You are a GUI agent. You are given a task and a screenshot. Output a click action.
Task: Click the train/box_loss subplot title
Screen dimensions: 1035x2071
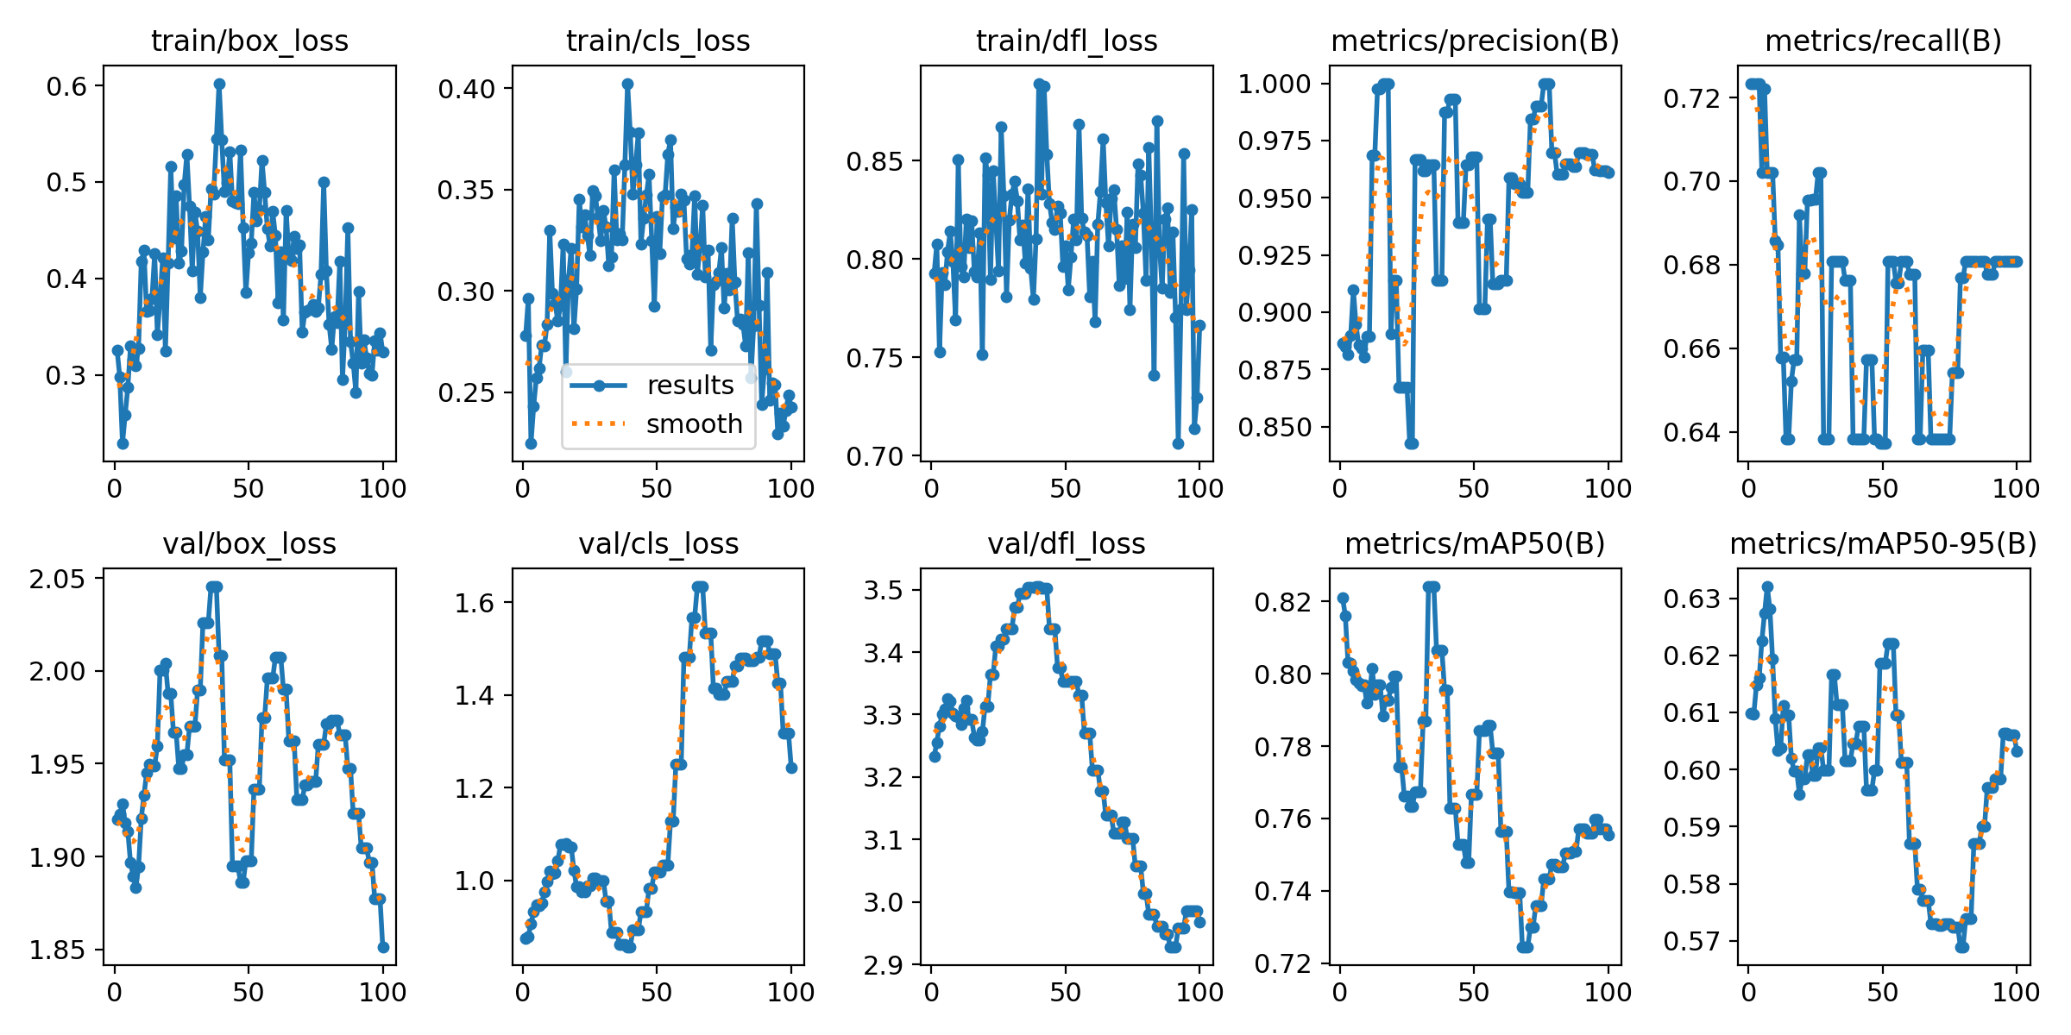pyautogui.click(x=249, y=41)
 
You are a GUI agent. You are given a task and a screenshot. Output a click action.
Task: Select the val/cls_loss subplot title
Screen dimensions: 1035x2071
pyautogui.click(x=658, y=544)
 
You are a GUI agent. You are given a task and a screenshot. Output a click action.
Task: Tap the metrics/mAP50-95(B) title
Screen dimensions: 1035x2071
pyautogui.click(x=1884, y=544)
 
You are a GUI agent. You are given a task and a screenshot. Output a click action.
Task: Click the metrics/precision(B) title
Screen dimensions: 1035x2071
pyautogui.click(x=1475, y=41)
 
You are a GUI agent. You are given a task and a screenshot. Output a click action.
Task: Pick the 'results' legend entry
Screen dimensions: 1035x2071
pyautogui.click(x=690, y=386)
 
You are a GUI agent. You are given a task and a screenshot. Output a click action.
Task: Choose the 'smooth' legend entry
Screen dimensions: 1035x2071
pyautogui.click(x=694, y=424)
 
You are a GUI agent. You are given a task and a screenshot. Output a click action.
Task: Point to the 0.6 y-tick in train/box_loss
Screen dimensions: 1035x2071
pyautogui.click(x=67, y=85)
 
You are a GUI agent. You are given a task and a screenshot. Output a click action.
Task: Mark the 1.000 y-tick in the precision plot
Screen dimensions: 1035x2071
pyautogui.click(x=1275, y=84)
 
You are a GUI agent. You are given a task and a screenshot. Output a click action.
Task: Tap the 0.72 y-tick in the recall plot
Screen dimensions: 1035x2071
pyautogui.click(x=1690, y=98)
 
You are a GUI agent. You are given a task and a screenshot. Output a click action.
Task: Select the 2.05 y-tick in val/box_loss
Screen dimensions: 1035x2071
pyautogui.click(x=58, y=579)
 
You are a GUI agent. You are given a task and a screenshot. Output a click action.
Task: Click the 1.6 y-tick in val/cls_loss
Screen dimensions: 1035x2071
pyautogui.click(x=475, y=602)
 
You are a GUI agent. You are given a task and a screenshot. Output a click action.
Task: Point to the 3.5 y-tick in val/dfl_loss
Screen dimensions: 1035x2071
pyautogui.click(x=884, y=590)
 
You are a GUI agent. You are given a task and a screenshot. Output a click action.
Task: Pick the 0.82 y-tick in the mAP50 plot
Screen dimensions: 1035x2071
pyautogui.click(x=1281, y=601)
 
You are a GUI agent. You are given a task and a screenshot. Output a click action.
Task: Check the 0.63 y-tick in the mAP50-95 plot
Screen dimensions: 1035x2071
pyautogui.click(x=1690, y=599)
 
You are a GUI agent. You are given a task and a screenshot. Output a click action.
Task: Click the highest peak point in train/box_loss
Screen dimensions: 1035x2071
pyautogui.click(x=219, y=84)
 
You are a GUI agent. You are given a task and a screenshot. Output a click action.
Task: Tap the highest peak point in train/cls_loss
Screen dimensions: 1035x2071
pyautogui.click(x=627, y=84)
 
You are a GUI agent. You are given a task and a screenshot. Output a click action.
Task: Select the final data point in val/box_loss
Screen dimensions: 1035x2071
pyautogui.click(x=383, y=947)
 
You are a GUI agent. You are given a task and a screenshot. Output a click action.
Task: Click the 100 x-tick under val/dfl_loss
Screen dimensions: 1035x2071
pyautogui.click(x=1199, y=993)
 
